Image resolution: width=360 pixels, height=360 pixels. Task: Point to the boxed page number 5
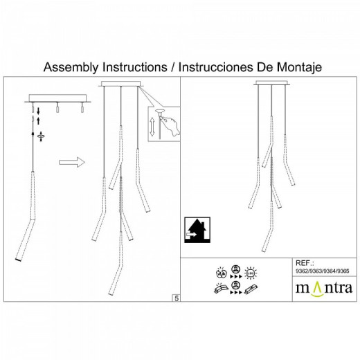(x=176, y=298)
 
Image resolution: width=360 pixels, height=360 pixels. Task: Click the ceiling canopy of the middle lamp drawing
(x=122, y=85)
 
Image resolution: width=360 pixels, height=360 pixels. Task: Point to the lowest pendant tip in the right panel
(x=264, y=251)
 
